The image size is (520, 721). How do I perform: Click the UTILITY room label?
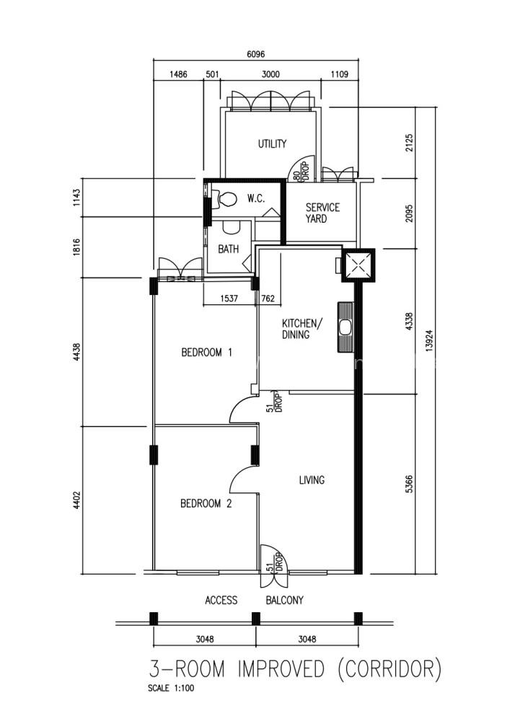point(272,144)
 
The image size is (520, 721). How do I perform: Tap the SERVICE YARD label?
point(322,213)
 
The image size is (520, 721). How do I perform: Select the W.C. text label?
point(255,199)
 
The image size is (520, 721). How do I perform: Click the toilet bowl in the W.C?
point(226,199)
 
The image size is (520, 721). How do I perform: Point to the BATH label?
point(229,249)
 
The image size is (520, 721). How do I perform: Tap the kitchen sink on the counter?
point(345,327)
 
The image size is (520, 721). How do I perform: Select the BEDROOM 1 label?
point(206,353)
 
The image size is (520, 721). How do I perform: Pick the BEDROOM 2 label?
point(206,503)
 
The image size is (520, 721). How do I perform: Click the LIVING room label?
point(312,480)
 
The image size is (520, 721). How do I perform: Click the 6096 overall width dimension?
point(255,54)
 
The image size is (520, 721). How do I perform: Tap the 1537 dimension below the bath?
point(229,298)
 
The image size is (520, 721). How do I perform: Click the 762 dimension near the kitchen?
point(268,298)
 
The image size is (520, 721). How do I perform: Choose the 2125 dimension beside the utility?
point(409,143)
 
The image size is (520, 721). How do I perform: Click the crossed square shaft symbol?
point(358,265)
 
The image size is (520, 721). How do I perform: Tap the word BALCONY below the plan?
point(285,600)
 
